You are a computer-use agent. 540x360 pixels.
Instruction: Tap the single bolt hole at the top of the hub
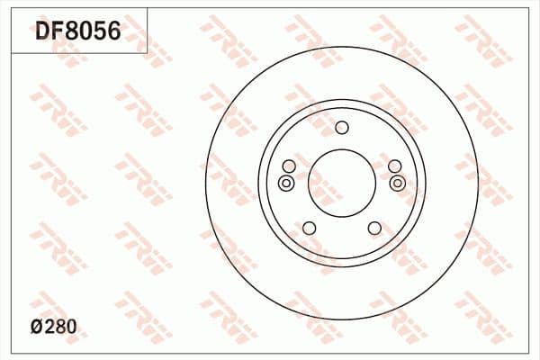point(342,127)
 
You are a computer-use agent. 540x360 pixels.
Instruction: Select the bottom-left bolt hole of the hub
point(309,228)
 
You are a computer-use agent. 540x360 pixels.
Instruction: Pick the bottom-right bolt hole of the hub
point(374,228)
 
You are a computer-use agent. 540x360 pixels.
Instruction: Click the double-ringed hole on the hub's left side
point(286,184)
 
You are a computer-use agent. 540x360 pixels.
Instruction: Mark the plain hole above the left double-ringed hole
point(289,166)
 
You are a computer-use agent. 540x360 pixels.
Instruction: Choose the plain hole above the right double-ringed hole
point(394,166)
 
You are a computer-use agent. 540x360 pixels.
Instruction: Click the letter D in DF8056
point(43,33)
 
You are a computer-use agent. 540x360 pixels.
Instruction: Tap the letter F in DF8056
point(58,33)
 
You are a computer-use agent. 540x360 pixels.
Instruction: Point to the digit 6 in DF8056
point(113,33)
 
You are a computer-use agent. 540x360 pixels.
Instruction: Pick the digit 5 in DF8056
point(100,33)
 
